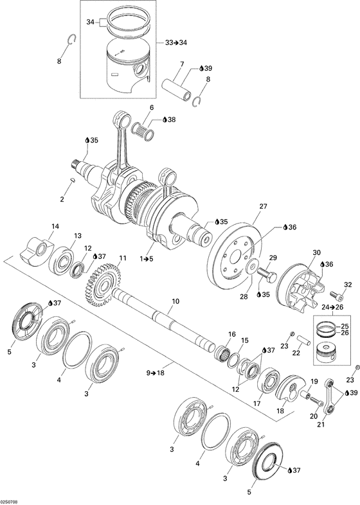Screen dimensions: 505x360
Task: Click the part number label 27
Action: click(x=262, y=207)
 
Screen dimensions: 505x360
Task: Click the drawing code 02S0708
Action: click(x=12, y=501)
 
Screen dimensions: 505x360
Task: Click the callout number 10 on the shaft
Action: click(x=175, y=301)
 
